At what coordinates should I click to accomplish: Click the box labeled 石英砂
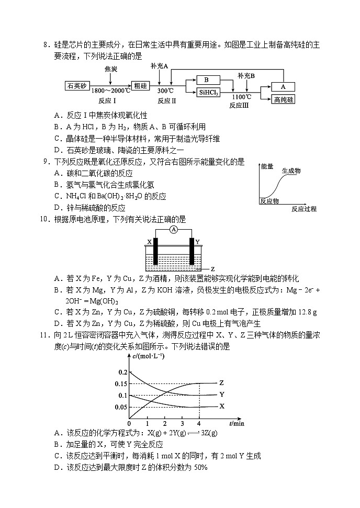point(76,86)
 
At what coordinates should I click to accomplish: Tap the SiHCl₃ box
point(208,93)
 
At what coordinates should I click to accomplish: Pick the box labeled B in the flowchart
point(207,80)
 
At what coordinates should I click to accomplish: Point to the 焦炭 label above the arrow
point(110,69)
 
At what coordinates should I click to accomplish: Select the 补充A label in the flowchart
point(159,66)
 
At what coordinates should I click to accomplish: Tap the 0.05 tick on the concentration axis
point(120,407)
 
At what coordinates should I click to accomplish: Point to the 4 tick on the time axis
point(199,423)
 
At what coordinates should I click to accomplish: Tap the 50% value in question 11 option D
point(201,467)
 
